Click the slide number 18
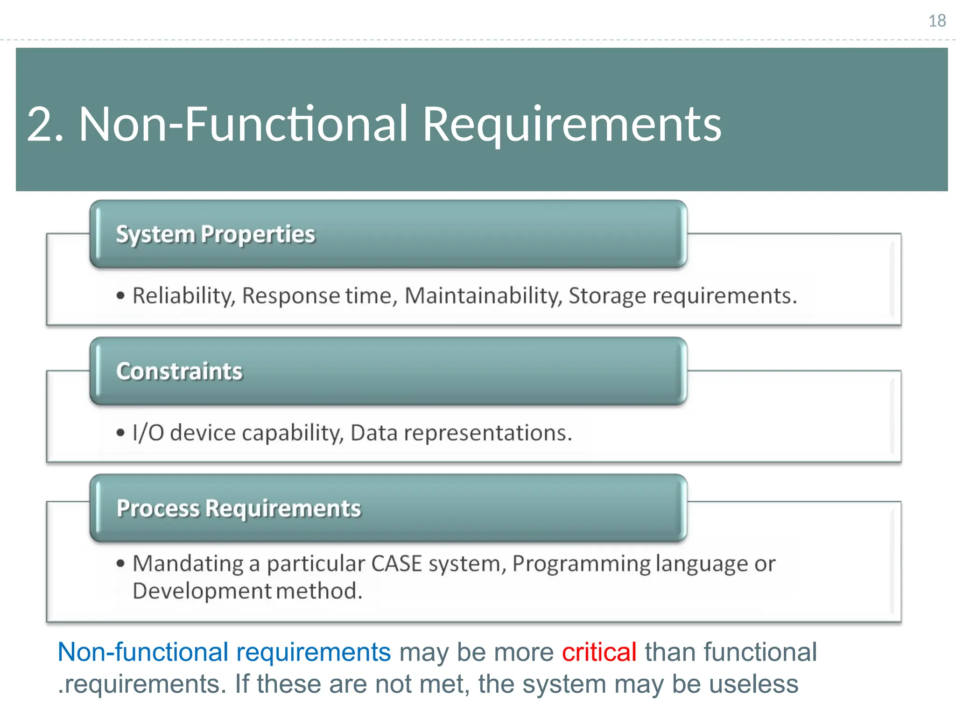(x=937, y=21)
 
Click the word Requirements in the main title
(x=572, y=124)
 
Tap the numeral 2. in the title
(x=45, y=124)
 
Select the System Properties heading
(x=215, y=234)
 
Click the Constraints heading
(x=179, y=372)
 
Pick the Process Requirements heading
(x=239, y=508)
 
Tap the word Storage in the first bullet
(x=607, y=296)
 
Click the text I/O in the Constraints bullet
(x=148, y=433)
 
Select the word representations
(x=488, y=433)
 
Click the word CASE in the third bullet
(x=396, y=563)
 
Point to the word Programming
(x=581, y=563)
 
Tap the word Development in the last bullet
(x=201, y=591)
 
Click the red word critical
(x=599, y=652)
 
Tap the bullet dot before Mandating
(x=121, y=564)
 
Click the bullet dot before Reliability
(x=121, y=296)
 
